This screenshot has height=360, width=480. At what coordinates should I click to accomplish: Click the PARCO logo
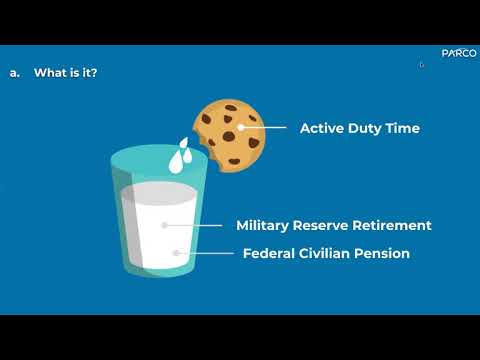[457, 54]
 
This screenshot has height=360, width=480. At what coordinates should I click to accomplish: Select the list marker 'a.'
[14, 73]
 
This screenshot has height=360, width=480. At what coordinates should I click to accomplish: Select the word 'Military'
[267, 226]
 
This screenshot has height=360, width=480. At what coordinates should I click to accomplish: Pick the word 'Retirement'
[396, 226]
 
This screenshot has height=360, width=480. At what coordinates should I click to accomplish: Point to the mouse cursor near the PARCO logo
[421, 65]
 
